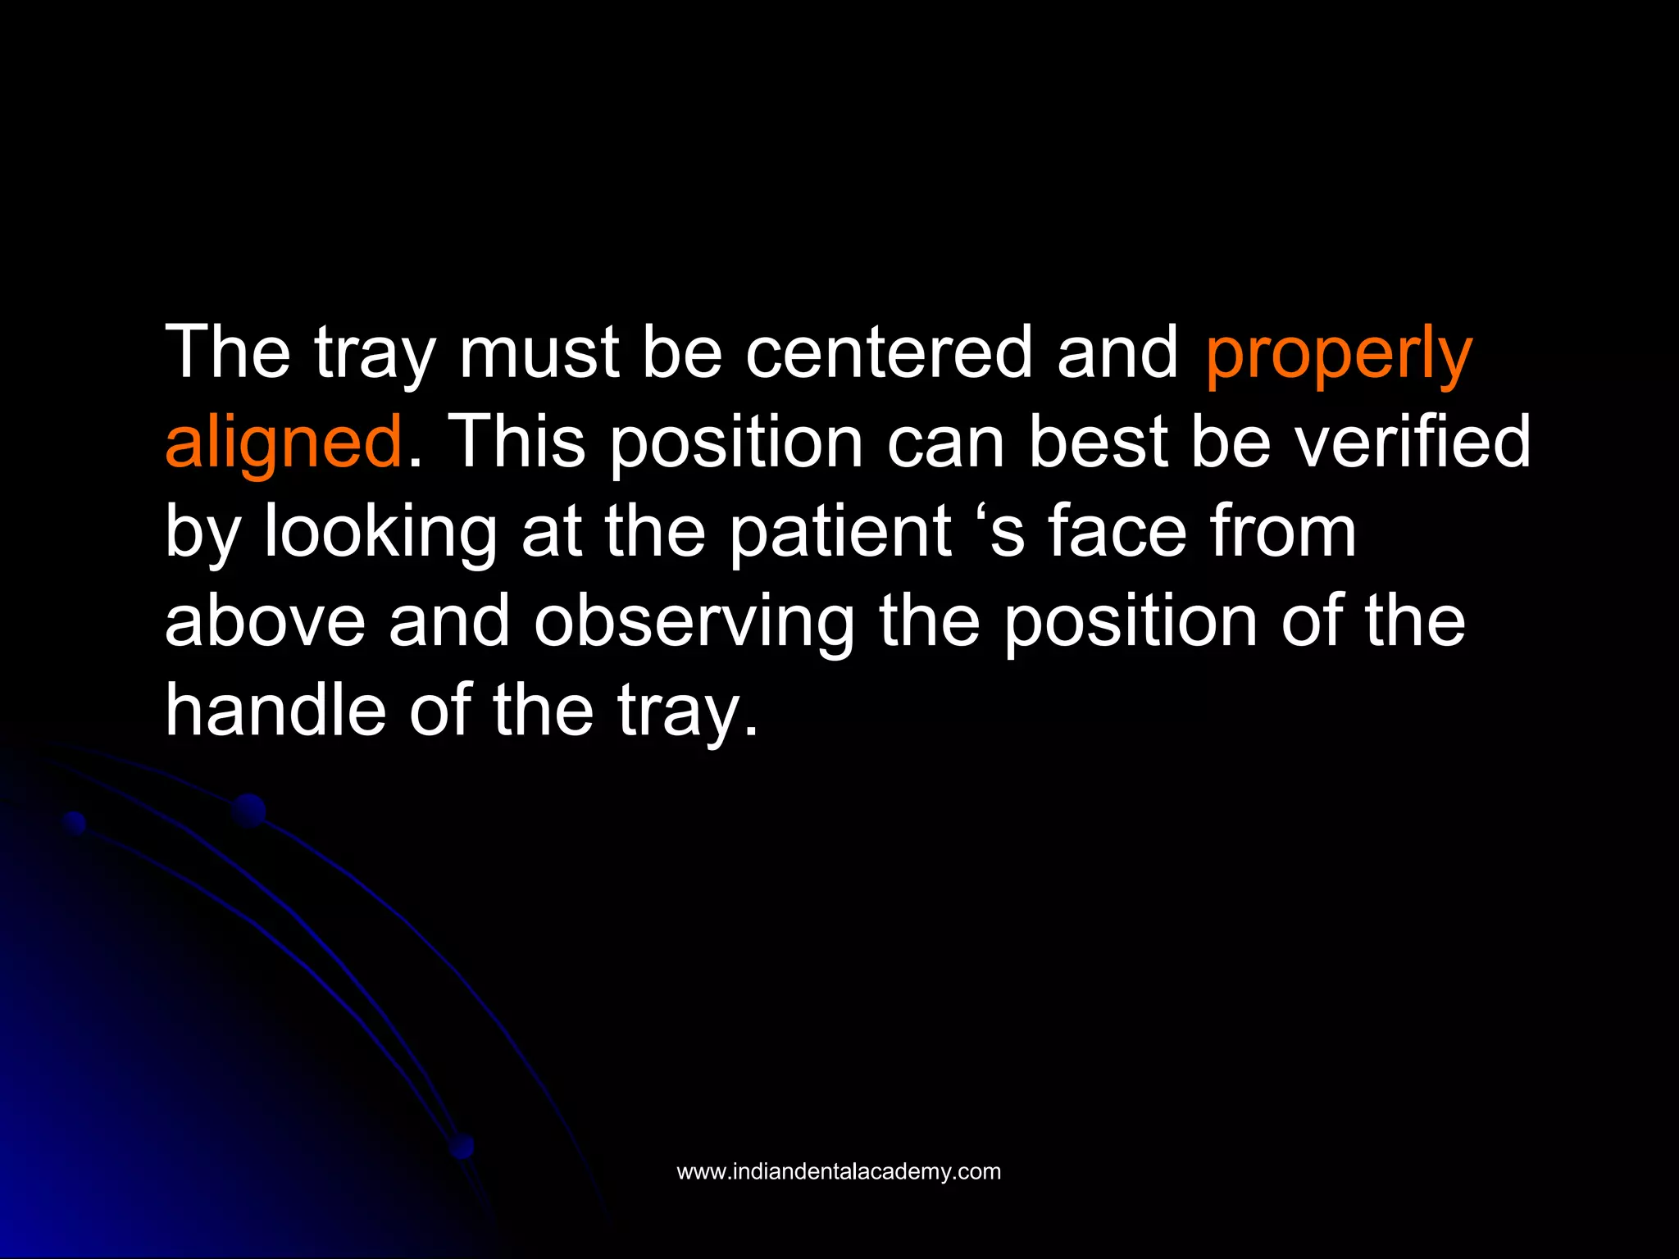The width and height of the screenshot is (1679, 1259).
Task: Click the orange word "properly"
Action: coord(1338,354)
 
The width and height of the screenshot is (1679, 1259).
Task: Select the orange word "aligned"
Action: coord(284,443)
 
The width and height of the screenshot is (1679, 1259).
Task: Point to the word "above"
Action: coord(265,620)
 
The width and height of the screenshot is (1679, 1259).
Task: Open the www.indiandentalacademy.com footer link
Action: coord(839,1171)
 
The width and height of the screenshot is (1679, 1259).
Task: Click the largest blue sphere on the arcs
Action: coord(248,811)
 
